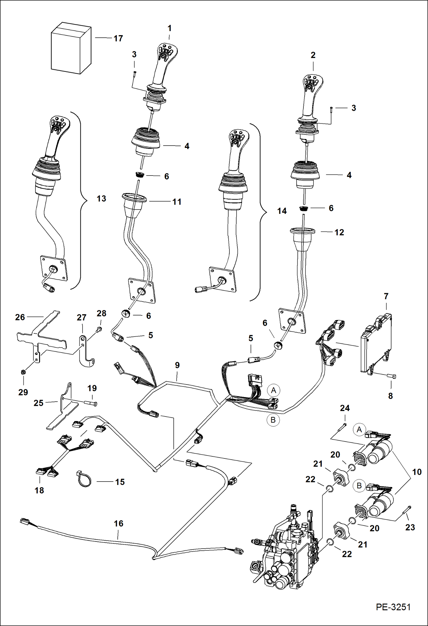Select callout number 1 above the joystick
[x=169, y=28]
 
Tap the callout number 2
[x=313, y=55]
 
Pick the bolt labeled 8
[x=391, y=377]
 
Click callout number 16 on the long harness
[x=119, y=523]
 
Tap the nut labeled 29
[x=23, y=372]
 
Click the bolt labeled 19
[x=91, y=403]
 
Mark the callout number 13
[x=101, y=198]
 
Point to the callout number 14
[x=282, y=211]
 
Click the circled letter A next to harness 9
[x=273, y=390]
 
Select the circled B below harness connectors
[x=273, y=420]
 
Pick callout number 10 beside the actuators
[x=417, y=472]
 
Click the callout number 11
[x=177, y=202]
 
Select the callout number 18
[x=39, y=490]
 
